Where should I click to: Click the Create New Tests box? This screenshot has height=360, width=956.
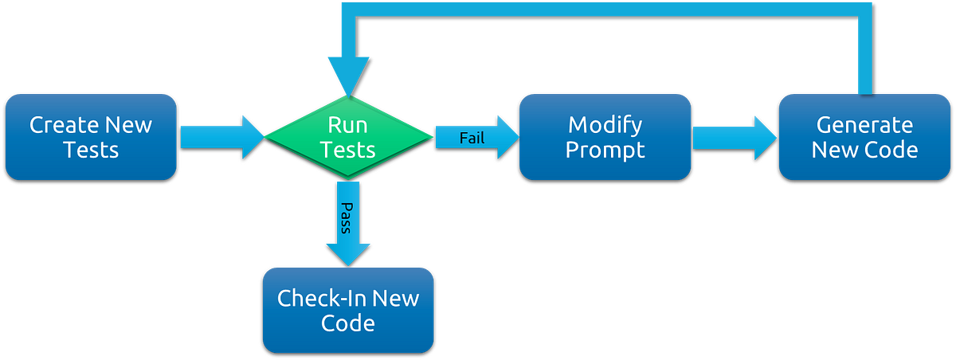click(x=90, y=136)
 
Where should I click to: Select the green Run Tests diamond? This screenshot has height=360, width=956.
click(x=347, y=136)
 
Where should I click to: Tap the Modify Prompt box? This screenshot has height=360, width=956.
click(x=605, y=136)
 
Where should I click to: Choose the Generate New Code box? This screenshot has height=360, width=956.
click(x=864, y=136)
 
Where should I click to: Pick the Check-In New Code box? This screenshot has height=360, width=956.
click(x=348, y=310)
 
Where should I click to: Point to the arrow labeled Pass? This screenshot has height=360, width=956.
click(x=347, y=223)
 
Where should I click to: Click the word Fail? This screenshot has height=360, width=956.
click(x=472, y=138)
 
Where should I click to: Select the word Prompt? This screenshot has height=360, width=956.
click(x=605, y=150)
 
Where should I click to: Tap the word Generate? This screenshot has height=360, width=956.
click(x=864, y=125)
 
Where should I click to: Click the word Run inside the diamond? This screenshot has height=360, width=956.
click(x=347, y=125)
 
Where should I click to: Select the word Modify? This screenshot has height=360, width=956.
click(x=605, y=125)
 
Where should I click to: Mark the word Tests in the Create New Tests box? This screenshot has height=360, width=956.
click(x=90, y=150)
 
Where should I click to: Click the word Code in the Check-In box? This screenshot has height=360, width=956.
click(x=348, y=323)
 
